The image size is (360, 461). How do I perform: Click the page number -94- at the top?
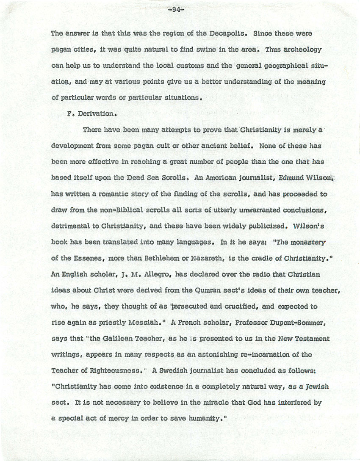174,11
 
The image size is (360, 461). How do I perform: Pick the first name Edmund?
291,178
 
